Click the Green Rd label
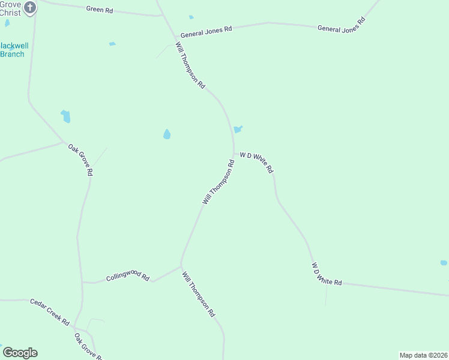[100, 9]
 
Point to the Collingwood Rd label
[127, 277]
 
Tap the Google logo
[20, 353]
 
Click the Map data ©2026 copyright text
[423, 355]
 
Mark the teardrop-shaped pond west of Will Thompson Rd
[167, 134]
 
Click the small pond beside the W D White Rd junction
[238, 129]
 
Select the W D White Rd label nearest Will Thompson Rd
[256, 163]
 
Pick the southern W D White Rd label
[326, 274]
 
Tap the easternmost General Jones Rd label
[341, 25]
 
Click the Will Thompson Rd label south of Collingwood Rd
[199, 294]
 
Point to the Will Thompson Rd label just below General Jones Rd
[190, 65]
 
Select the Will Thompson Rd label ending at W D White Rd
[218, 182]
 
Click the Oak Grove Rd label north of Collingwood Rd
[80, 159]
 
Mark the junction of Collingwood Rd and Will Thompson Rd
[181, 266]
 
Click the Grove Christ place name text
[10, 8]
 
